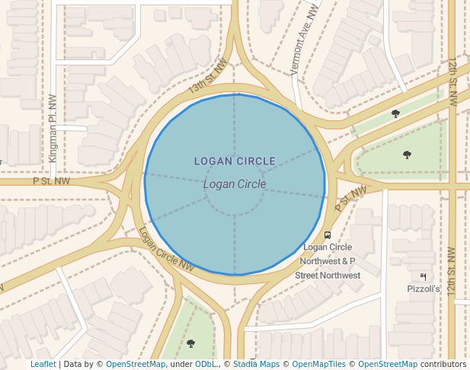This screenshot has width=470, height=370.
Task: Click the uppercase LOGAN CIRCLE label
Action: coord(235,161)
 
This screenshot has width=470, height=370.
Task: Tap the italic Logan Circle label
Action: coord(235,184)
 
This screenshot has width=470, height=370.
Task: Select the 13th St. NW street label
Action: coord(208,78)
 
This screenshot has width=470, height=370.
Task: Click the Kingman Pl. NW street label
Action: coord(53,127)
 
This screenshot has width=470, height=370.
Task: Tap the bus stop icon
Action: coord(328,235)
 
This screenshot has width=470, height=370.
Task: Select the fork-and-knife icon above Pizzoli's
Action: coord(423,276)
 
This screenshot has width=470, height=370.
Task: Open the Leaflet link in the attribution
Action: coord(43,365)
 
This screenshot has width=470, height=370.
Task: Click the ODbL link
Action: coord(206,365)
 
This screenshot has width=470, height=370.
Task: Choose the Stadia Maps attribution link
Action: coord(256,365)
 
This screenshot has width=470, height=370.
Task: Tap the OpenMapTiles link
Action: coord(319,365)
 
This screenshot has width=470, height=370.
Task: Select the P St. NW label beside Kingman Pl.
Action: coord(51,181)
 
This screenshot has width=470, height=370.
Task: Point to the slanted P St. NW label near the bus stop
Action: coord(350,199)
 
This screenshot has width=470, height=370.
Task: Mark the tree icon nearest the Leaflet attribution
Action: coord(190,343)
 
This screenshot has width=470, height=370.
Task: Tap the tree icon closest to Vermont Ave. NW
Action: coord(395,113)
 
